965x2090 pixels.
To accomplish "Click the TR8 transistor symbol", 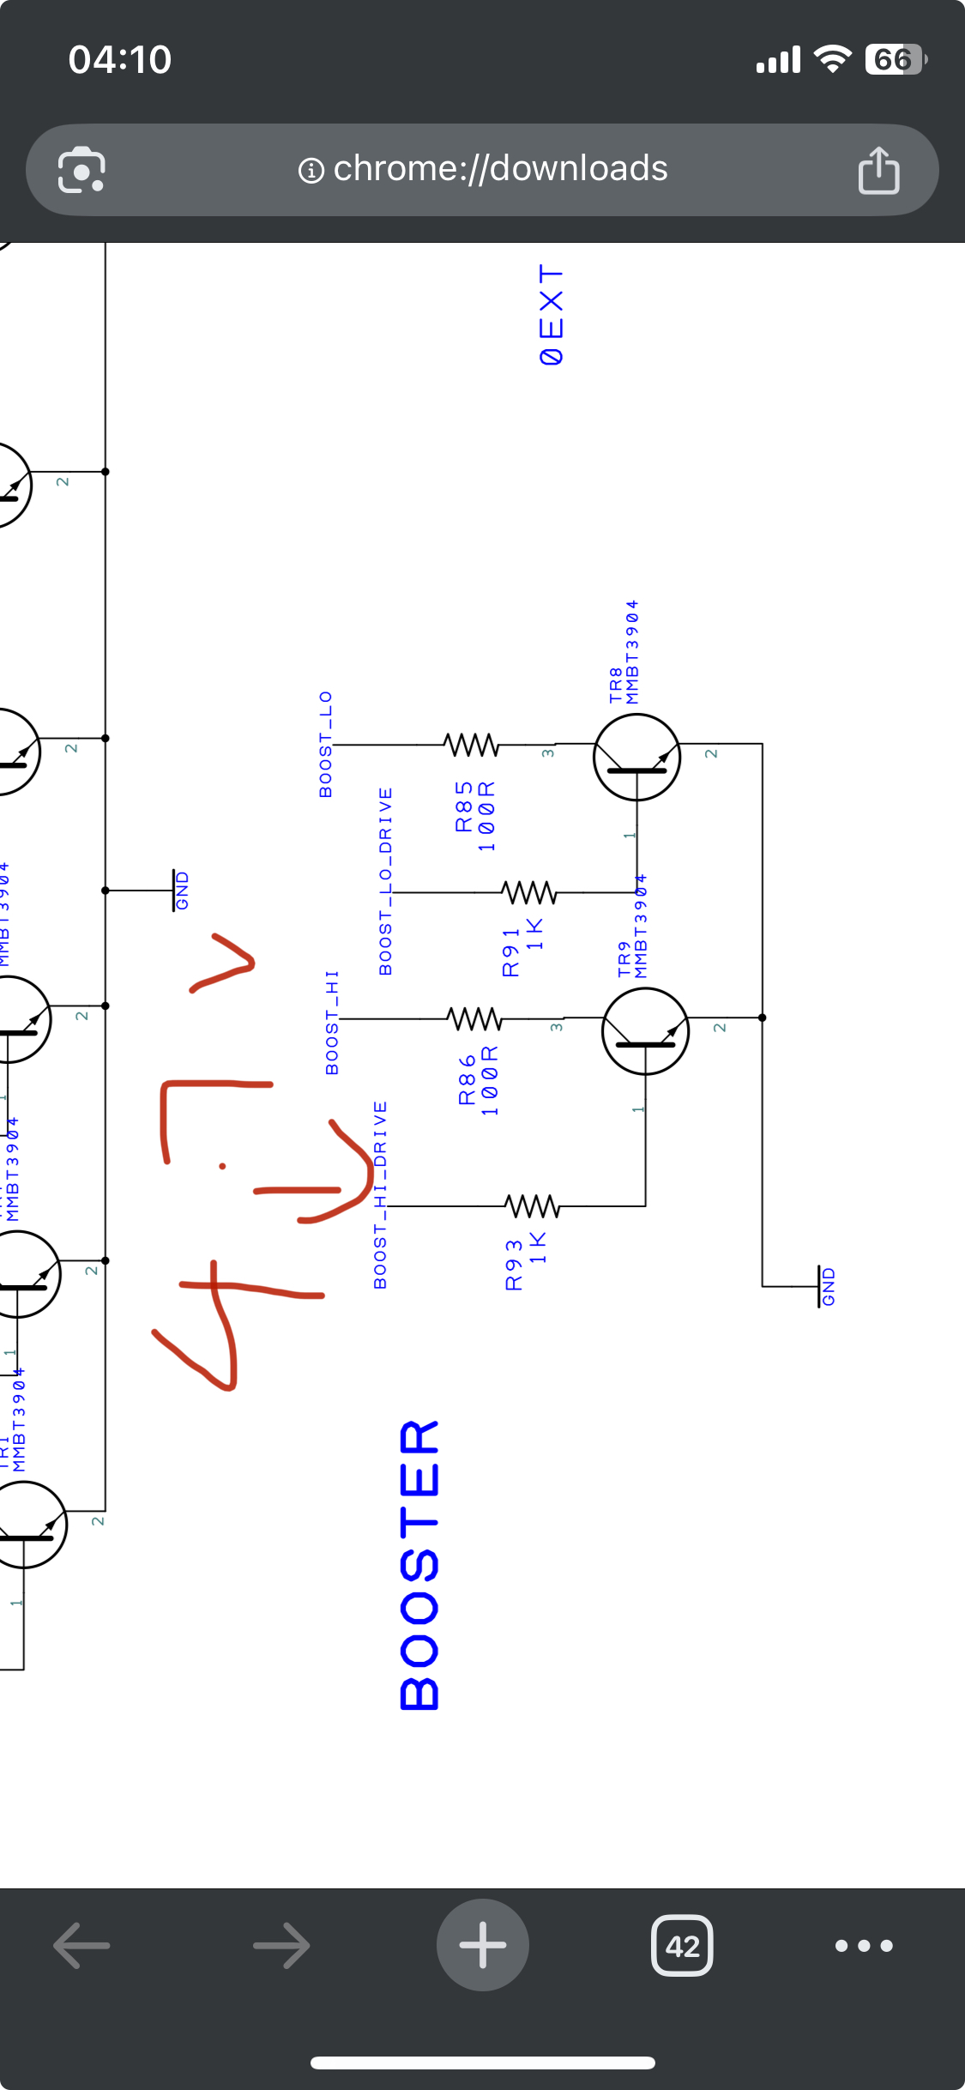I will click(636, 757).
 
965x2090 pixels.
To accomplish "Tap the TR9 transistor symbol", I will click(645, 1030).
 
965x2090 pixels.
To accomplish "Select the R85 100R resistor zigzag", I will click(471, 744).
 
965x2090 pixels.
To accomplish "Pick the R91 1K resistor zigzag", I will click(529, 893).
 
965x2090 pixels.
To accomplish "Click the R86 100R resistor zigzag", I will click(474, 1018).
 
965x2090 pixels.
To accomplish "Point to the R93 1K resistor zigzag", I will click(533, 1206).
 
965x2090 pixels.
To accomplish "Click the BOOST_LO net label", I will click(326, 744).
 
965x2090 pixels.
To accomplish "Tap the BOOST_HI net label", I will click(332, 1022).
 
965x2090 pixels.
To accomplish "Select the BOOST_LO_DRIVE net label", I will click(386, 881).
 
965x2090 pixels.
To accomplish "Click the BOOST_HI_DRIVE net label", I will click(380, 1194).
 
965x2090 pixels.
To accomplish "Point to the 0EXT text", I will click(552, 315).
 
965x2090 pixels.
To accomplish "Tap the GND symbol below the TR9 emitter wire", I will click(825, 1286).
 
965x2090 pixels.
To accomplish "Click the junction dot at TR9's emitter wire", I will click(762, 1018).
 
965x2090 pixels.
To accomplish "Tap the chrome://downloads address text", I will click(499, 169).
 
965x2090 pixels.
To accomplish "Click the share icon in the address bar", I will click(878, 170).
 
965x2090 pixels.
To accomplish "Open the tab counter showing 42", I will click(682, 1945).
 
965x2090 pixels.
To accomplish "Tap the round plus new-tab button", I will click(483, 1945).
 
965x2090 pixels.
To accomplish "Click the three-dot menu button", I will click(864, 1945).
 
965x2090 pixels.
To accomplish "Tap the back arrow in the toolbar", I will click(82, 1945).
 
